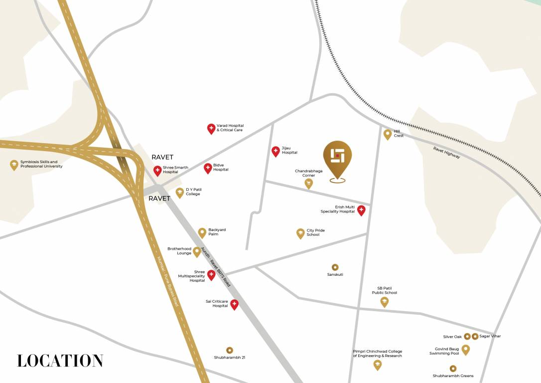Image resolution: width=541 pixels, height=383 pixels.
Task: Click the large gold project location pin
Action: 337,158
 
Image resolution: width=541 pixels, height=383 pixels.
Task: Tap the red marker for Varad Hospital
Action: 211,129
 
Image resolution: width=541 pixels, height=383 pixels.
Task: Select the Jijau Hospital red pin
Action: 275,151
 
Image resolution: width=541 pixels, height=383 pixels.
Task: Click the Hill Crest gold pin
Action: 388,134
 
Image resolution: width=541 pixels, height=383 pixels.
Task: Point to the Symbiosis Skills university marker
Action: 14,165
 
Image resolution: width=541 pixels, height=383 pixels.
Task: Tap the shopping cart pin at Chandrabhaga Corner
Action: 309,184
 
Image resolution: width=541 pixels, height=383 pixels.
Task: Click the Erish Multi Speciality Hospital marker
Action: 362,210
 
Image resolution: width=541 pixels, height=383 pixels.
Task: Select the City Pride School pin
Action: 300,233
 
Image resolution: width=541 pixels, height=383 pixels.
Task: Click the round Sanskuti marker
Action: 335,267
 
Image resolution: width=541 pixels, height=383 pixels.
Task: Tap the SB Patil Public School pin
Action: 385,301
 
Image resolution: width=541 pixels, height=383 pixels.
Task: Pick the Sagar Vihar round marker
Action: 475,337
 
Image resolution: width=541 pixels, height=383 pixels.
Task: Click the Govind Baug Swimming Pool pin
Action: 466,349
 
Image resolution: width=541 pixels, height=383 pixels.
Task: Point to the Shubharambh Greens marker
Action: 453,369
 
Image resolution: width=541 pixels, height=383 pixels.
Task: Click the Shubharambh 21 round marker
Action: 230,350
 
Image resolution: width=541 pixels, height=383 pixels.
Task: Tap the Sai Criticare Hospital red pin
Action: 234,304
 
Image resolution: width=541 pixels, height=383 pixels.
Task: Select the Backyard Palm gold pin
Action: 202,232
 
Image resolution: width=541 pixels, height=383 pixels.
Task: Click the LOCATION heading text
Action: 60,361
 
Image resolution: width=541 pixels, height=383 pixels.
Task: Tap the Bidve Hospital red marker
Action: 208,168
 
